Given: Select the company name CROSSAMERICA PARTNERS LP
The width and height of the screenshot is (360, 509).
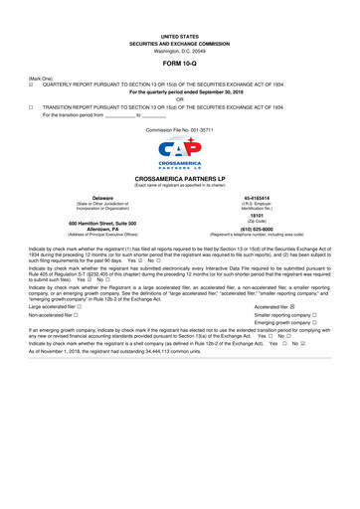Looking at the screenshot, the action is [180, 184].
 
